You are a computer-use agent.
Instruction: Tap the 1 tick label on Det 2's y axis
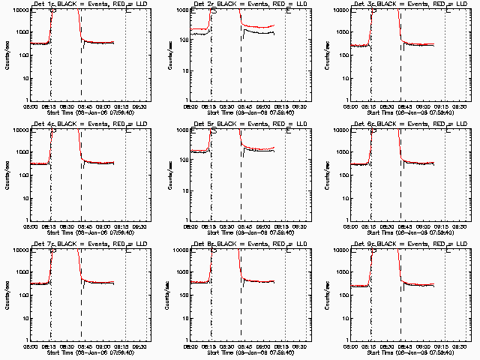click(x=187, y=100)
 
